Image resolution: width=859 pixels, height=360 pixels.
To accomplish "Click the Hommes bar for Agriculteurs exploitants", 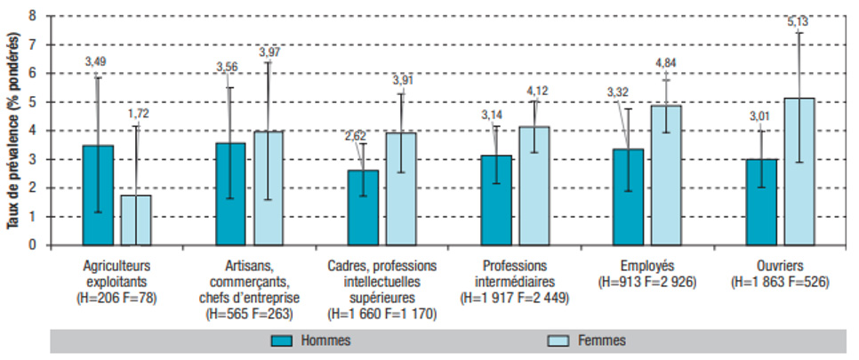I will click(x=98, y=195).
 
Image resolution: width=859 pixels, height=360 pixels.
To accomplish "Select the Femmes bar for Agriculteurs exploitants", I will click(x=136, y=220).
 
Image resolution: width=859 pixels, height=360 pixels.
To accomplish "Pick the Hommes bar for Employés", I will click(x=628, y=196).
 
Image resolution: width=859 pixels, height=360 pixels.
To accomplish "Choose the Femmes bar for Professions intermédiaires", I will click(x=534, y=186).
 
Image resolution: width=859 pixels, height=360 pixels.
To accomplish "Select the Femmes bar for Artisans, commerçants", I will click(x=269, y=188).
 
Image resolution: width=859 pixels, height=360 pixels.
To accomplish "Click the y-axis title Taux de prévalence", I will click(x=13, y=131).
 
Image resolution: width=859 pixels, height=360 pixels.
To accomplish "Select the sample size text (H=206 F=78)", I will click(x=117, y=296).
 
